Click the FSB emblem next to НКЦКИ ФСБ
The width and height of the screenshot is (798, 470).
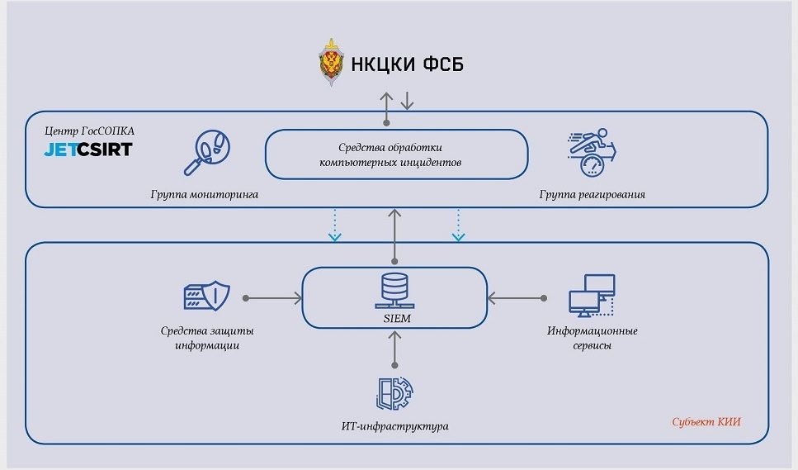point(333,64)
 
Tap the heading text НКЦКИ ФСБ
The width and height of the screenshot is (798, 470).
point(406,64)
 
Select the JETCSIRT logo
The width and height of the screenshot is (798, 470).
point(88,150)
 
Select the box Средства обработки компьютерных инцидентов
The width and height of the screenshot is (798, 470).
point(396,155)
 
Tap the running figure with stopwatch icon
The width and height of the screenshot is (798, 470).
point(591,150)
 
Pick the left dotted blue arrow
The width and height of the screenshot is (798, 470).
point(334,224)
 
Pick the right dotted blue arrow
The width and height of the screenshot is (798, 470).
point(458,224)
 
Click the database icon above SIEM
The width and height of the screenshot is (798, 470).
point(395,287)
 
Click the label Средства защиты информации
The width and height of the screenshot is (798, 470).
point(208,338)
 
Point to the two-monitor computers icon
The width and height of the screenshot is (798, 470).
point(592,295)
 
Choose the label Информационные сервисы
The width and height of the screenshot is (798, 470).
point(592,338)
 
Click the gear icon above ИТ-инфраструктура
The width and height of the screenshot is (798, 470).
point(395,394)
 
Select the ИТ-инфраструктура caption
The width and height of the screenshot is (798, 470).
point(395,426)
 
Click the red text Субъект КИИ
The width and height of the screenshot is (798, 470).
point(706,422)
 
